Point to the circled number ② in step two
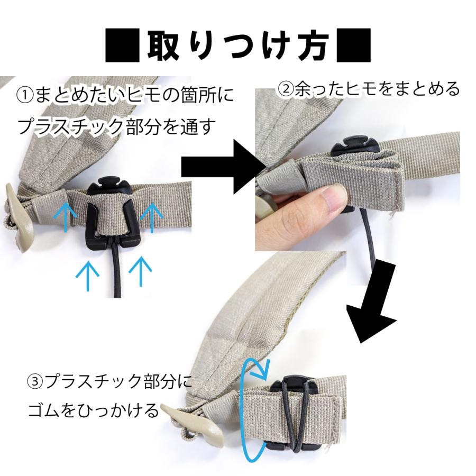click(286, 88)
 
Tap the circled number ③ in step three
click(35, 381)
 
